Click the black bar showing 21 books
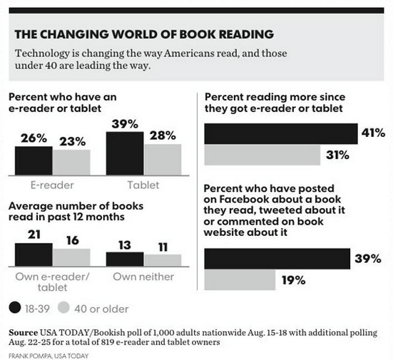(33, 254)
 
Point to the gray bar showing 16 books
(71, 257)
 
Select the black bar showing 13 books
(125, 258)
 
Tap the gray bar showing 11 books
(163, 259)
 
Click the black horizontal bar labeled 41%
(281, 133)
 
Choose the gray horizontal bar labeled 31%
(262, 155)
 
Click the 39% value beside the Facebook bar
(370, 259)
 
